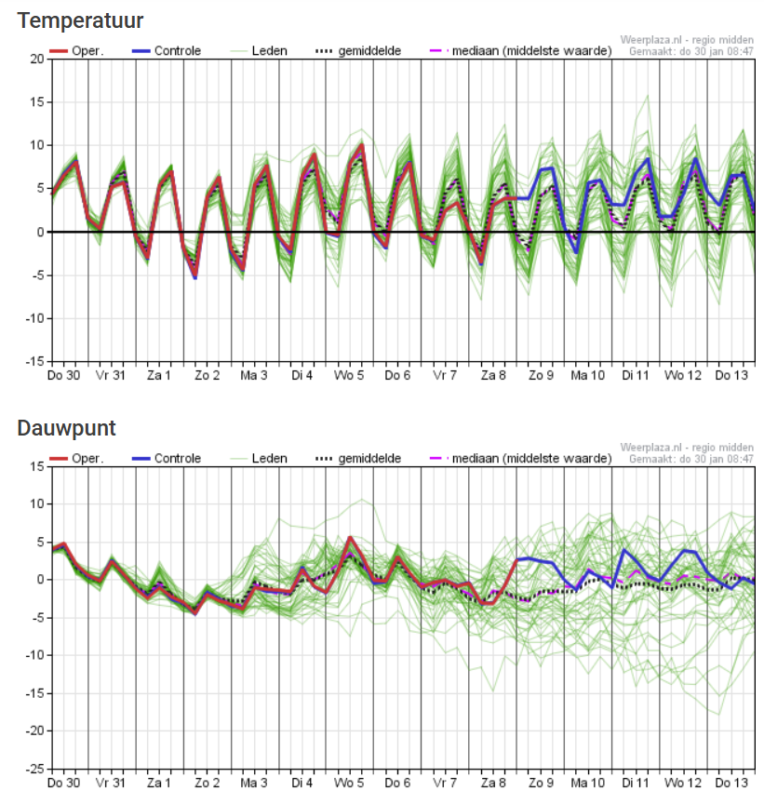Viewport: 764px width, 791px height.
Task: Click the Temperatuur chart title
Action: tap(80, 21)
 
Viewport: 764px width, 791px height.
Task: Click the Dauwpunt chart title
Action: tap(67, 429)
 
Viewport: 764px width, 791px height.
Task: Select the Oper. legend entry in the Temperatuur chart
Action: tap(76, 51)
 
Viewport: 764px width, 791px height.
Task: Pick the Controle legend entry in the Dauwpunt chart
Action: tap(167, 459)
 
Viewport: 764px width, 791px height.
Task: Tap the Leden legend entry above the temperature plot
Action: tap(260, 51)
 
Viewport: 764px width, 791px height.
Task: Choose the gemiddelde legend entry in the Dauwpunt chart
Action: tap(358, 459)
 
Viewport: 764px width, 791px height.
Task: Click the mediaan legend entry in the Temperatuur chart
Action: tap(521, 51)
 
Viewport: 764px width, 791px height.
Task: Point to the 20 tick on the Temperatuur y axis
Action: tap(37, 59)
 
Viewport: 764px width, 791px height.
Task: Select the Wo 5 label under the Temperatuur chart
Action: tap(349, 375)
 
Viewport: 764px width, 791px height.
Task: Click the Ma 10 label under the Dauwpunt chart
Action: tap(587, 783)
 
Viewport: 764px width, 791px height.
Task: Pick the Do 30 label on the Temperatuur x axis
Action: tap(63, 375)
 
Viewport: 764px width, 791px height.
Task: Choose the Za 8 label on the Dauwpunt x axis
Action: tap(493, 783)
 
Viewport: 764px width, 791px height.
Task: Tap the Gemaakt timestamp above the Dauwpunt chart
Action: tap(690, 459)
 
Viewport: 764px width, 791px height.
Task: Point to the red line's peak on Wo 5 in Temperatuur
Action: tap(362, 145)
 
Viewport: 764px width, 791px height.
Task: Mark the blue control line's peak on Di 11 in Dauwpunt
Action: tap(624, 550)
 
